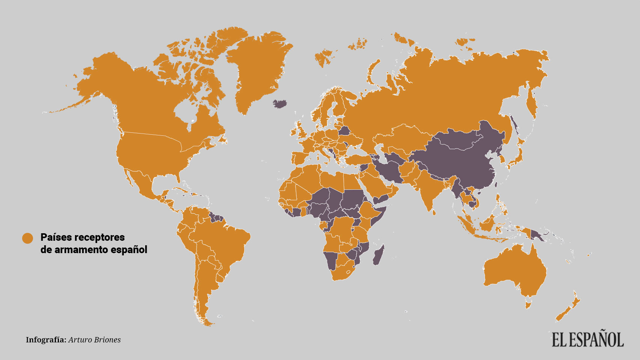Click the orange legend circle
27,238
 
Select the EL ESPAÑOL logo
587,339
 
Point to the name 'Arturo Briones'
95,340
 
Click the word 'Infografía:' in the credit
46,340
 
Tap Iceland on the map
281,103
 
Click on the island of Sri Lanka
434,212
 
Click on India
428,187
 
